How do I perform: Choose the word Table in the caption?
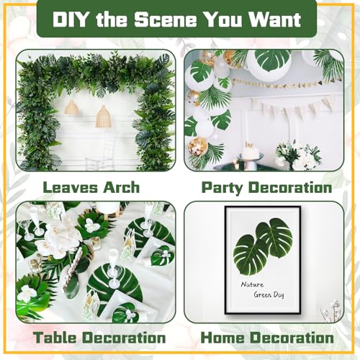click(56, 338)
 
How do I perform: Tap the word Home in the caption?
click(225, 338)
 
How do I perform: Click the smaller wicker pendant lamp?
click(71, 107)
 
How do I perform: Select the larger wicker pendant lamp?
click(103, 117)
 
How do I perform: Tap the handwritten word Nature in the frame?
click(252, 284)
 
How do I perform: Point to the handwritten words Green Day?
click(269, 294)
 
